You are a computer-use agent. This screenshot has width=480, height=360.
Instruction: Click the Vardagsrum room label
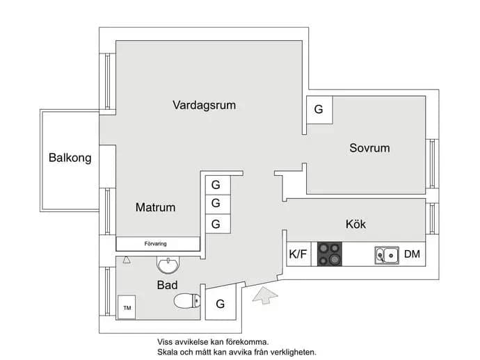[205, 105]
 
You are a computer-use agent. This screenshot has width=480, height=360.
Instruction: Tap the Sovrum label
[369, 148]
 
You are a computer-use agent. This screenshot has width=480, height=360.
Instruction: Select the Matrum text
[156, 207]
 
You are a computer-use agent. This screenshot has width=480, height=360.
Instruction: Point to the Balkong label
[70, 158]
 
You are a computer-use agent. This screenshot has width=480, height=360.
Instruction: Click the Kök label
[355, 224]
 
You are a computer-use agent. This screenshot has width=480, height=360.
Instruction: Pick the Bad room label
[167, 285]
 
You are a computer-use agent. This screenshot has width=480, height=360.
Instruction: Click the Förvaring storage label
[156, 244]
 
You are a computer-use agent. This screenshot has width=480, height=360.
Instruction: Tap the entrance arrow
[265, 295]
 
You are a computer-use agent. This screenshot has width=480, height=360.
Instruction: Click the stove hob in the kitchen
[329, 254]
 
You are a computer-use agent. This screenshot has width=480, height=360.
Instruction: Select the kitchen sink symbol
[387, 255]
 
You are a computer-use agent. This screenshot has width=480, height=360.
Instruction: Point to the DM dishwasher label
[412, 254]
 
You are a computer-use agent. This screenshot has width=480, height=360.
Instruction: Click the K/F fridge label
[298, 254]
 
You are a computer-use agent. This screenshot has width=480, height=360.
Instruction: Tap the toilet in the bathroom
[187, 301]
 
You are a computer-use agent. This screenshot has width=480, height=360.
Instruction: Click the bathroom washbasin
[168, 265]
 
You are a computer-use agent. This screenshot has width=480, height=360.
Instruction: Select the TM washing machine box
[127, 307]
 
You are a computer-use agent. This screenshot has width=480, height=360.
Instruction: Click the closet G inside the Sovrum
[319, 109]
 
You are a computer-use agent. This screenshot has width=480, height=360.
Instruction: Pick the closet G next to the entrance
[220, 304]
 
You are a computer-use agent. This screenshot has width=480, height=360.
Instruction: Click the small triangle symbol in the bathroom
[127, 260]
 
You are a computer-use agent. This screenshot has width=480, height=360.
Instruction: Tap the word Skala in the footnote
[168, 352]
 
